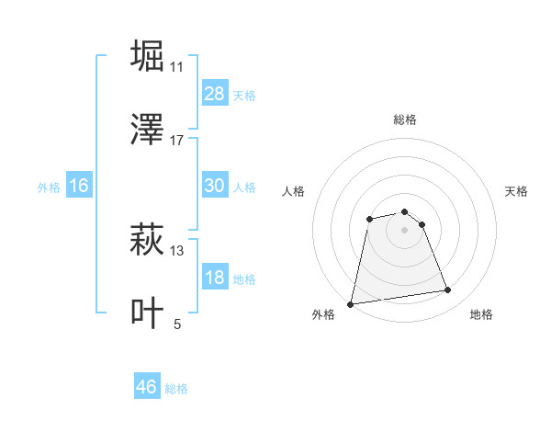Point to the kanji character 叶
pyautogui.click(x=148, y=313)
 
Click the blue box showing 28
pyautogui.click(x=215, y=94)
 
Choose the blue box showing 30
pyautogui.click(x=215, y=186)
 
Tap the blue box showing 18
pyautogui.click(x=215, y=278)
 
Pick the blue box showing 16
pyautogui.click(x=79, y=186)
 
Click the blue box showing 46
pyautogui.click(x=147, y=387)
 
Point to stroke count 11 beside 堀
pyautogui.click(x=177, y=67)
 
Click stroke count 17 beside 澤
pyautogui.click(x=177, y=141)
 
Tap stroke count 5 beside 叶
pyautogui.click(x=177, y=324)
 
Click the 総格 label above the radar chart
pyautogui.click(x=405, y=119)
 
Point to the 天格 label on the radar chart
pyautogui.click(x=517, y=191)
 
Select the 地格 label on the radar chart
pyautogui.click(x=481, y=314)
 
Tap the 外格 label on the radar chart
pyautogui.click(x=323, y=314)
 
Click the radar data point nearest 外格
pyautogui.click(x=351, y=303)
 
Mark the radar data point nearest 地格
pyautogui.click(x=448, y=290)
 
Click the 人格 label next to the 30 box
pyautogui.click(x=244, y=187)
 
